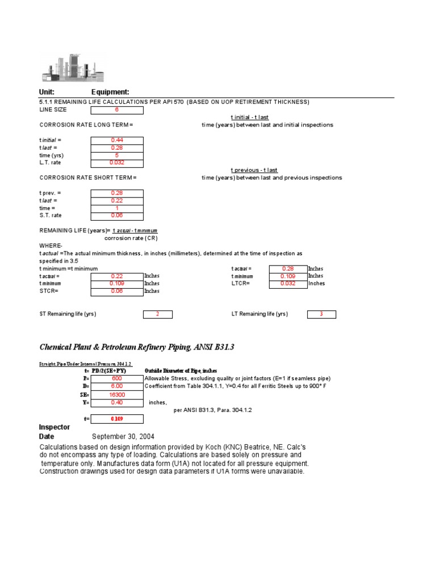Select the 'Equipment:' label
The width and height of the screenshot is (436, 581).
coord(110,92)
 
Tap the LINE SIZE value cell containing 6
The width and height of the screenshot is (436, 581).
coord(117,110)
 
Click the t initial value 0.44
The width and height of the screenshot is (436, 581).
coord(117,140)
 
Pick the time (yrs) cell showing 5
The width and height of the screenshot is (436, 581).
coord(117,155)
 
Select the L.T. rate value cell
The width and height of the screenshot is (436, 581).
coord(117,163)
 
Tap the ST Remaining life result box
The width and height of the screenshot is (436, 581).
coord(157,314)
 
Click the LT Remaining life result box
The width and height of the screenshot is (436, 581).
coord(321,314)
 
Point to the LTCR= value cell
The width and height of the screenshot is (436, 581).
coord(288,284)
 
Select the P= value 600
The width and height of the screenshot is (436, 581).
coord(117,378)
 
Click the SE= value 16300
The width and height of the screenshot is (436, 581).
coord(117,394)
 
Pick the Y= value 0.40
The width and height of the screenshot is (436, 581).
coord(117,402)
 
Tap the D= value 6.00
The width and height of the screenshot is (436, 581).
coord(117,386)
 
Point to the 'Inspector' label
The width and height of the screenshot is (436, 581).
coord(54,427)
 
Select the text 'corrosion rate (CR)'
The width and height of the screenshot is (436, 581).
coord(131,238)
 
